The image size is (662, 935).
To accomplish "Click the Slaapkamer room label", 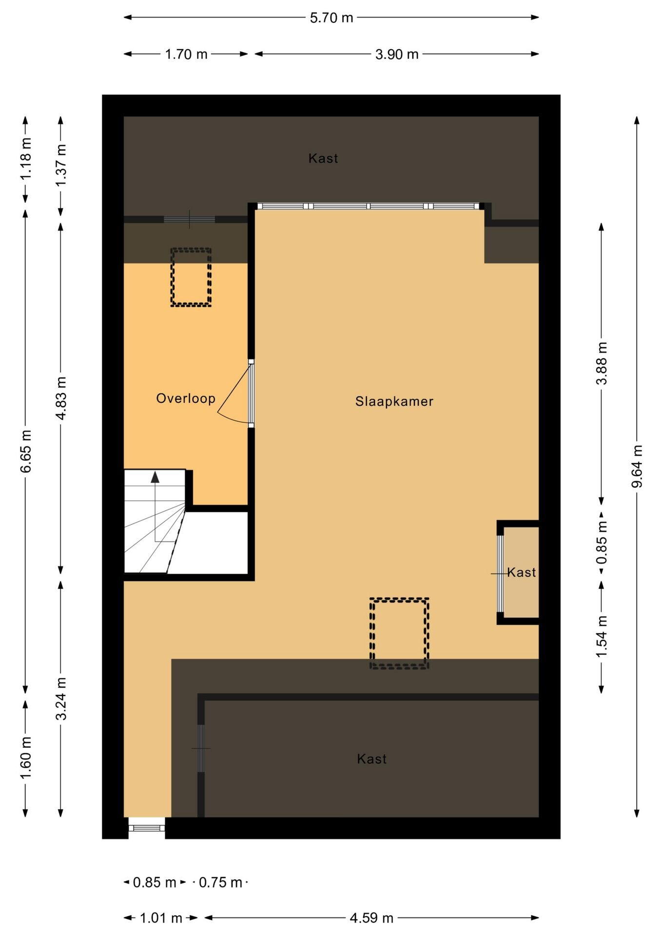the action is click(x=394, y=401).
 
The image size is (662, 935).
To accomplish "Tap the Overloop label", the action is click(x=186, y=398).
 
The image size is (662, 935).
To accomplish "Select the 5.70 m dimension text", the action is click(x=331, y=18).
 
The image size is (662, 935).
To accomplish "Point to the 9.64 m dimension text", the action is click(x=637, y=466).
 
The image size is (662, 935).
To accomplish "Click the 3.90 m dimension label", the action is click(x=397, y=54).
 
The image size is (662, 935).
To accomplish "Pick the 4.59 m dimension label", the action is click(x=371, y=918).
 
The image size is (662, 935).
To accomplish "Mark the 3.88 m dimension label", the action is click(x=602, y=363).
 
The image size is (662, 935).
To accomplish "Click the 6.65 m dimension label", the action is click(x=26, y=451).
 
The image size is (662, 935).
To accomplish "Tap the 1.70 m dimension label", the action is click(x=186, y=54).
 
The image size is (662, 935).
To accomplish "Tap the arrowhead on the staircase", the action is click(x=155, y=477).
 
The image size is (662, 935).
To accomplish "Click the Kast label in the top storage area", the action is click(x=323, y=158).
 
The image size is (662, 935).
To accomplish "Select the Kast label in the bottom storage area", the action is click(x=371, y=759).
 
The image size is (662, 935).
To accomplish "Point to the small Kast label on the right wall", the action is click(x=522, y=572).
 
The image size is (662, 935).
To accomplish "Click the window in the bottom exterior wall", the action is click(x=147, y=827).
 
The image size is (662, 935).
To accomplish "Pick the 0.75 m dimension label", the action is click(x=220, y=882).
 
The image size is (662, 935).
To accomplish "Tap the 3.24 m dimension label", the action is click(x=61, y=698).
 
